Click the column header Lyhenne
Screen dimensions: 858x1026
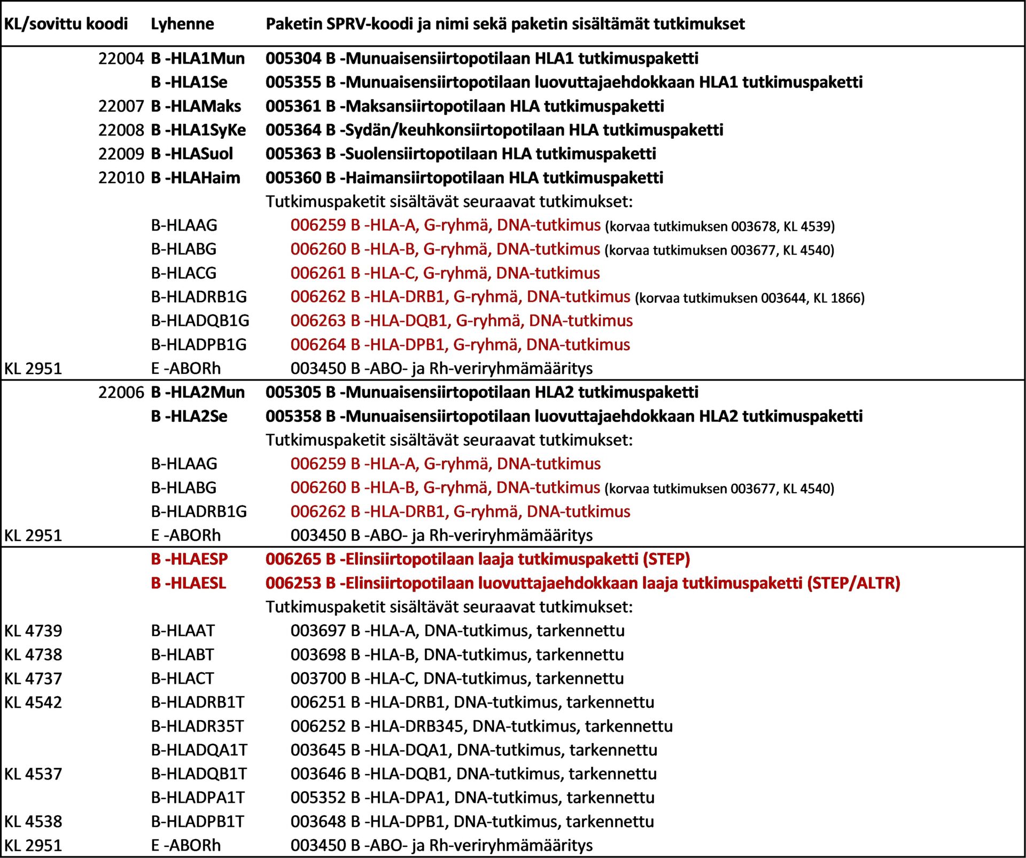click(182, 24)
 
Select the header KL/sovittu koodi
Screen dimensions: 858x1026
click(66, 24)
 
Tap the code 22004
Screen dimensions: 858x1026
click(121, 59)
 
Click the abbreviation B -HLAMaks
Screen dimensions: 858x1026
click(196, 106)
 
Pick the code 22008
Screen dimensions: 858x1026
click(121, 130)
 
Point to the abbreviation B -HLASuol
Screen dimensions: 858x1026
click(192, 154)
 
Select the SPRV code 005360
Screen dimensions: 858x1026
click(293, 178)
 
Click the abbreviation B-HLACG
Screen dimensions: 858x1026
click(184, 273)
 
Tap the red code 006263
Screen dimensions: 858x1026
click(318, 321)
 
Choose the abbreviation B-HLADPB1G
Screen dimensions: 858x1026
click(199, 345)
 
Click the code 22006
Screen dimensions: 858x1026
click(121, 392)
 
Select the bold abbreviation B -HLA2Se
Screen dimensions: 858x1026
click(189, 416)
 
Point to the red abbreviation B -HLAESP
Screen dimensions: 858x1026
click(189, 559)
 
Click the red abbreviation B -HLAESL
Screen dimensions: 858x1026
click(189, 583)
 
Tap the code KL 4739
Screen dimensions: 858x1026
click(33, 631)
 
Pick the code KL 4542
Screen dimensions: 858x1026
click(33, 703)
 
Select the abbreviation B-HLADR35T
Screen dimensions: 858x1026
click(197, 727)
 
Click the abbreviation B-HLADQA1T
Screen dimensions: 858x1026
click(199, 750)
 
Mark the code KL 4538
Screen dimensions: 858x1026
click(33, 822)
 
